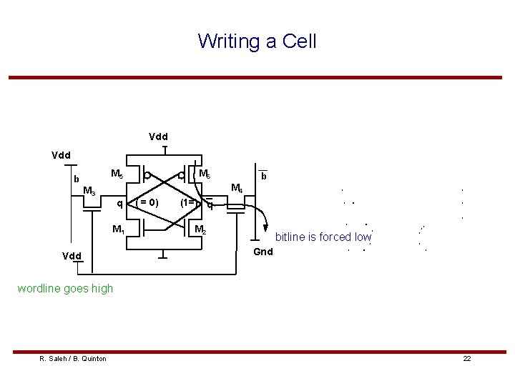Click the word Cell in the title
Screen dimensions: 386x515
[299, 41]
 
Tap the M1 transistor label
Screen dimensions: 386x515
[119, 229]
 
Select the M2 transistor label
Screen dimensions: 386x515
[201, 229]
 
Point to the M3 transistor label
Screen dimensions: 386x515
[89, 191]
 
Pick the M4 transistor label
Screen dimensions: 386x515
[237, 189]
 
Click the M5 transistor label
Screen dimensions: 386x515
[117, 174]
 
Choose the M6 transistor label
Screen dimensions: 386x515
[204, 174]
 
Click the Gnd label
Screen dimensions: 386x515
[263, 252]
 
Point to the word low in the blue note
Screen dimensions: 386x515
[361, 237]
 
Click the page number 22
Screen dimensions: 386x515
[467, 358]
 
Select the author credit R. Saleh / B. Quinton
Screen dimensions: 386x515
[73, 358]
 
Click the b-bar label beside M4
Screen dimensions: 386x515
[264, 175]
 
